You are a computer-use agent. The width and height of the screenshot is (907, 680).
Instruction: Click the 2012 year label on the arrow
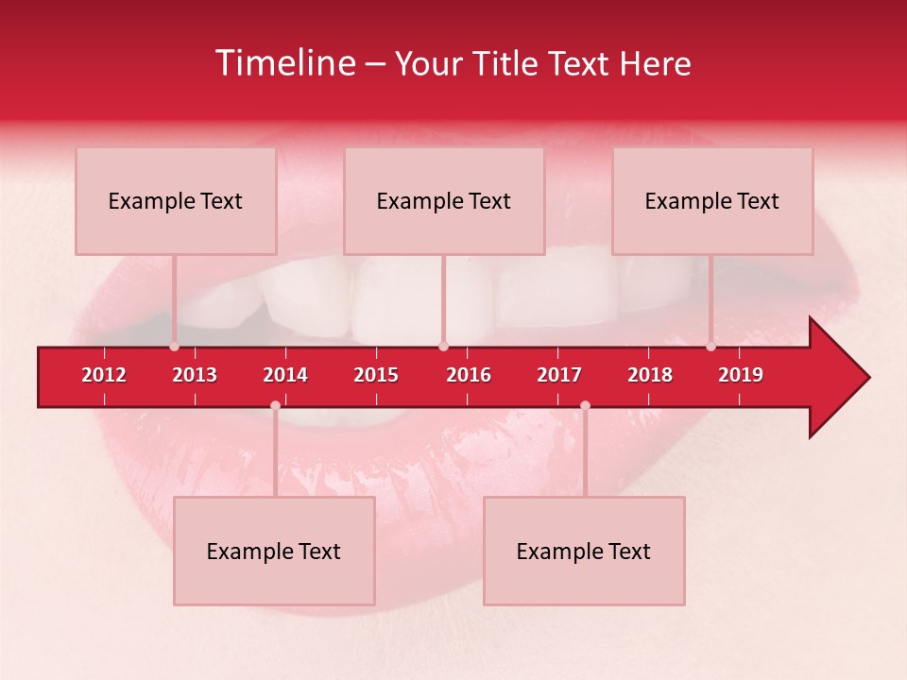(x=104, y=375)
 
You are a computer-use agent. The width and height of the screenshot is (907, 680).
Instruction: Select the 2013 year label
(x=195, y=375)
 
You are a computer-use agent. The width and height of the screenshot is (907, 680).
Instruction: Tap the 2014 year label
(x=285, y=375)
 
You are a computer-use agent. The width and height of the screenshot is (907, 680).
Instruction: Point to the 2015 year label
(x=376, y=375)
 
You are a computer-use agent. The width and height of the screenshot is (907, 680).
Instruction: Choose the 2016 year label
(x=469, y=375)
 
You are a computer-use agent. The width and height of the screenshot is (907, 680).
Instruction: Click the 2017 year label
(x=559, y=375)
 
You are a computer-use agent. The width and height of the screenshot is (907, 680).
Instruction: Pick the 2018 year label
(x=650, y=375)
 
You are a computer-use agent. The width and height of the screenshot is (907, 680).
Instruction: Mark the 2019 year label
(x=741, y=375)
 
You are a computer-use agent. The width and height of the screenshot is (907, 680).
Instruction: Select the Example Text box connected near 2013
(x=176, y=201)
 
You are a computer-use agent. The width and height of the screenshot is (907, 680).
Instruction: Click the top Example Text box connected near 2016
(x=444, y=201)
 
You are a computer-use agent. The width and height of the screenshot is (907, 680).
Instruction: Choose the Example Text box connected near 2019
(x=712, y=201)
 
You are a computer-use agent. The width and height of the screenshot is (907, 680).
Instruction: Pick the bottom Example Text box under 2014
(x=274, y=552)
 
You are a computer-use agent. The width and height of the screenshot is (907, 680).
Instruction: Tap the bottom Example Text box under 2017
(x=584, y=552)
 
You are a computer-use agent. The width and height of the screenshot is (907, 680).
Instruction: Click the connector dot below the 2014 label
(x=275, y=405)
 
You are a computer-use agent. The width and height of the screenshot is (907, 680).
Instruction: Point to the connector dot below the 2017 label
(x=585, y=405)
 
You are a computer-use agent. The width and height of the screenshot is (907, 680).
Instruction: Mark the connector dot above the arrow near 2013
(x=174, y=347)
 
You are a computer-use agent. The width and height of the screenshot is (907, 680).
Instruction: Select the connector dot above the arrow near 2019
(x=710, y=347)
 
